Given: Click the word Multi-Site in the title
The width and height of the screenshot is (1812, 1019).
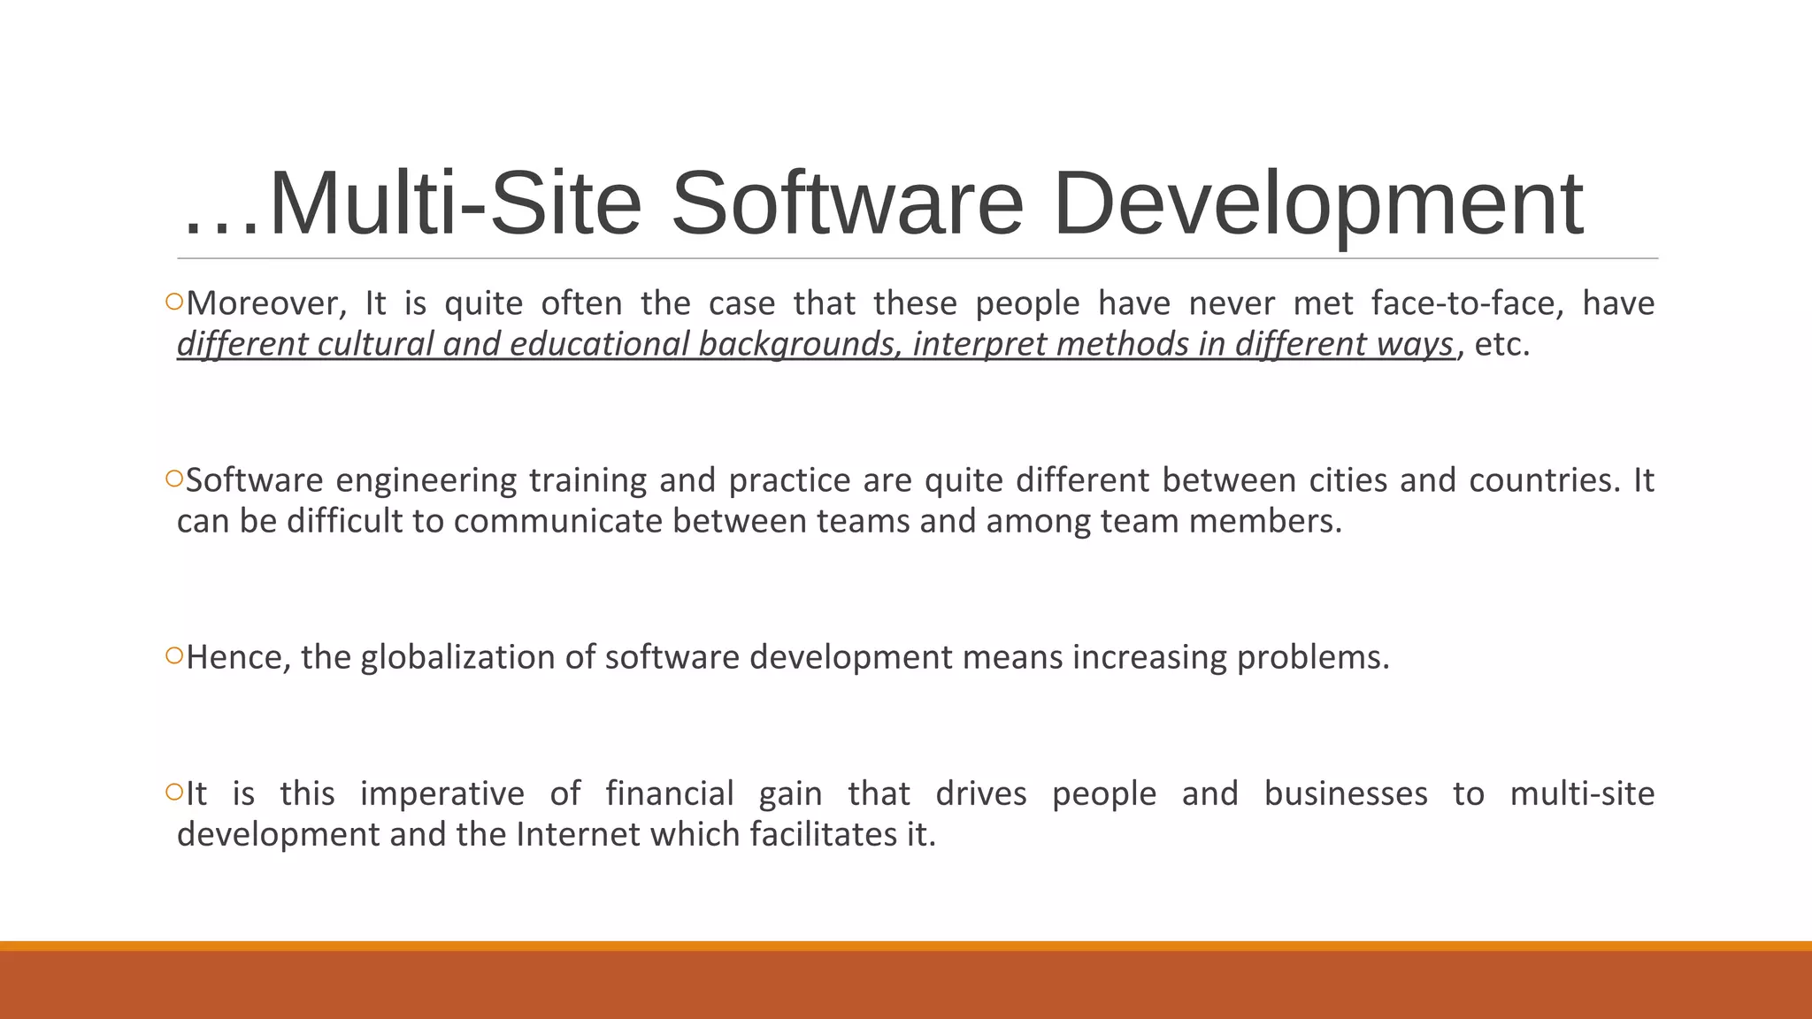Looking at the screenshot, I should tap(455, 204).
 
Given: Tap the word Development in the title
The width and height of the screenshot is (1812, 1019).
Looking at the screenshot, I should tap(1317, 204).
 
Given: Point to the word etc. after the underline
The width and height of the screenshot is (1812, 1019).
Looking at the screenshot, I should tap(1502, 345).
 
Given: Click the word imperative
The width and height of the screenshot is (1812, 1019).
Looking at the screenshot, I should tap(442, 794).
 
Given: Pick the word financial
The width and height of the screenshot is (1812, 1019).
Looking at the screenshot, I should tap(670, 794).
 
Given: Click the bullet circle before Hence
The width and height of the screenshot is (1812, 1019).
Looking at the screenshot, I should tap(173, 656).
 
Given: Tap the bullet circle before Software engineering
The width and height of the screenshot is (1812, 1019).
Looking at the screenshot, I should tap(173, 479).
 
